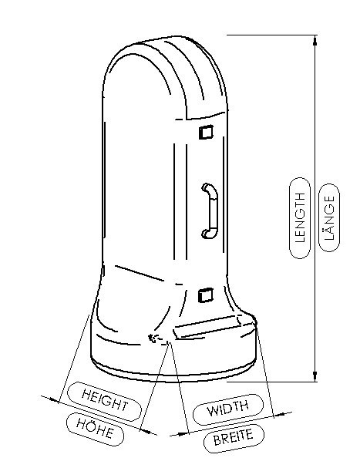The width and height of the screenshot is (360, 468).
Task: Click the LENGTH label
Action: pyautogui.click(x=300, y=217)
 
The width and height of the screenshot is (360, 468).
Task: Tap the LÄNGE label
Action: pyautogui.click(x=329, y=217)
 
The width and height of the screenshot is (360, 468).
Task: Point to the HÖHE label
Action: pyautogui.click(x=95, y=429)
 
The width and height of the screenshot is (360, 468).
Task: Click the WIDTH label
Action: pyautogui.click(x=227, y=408)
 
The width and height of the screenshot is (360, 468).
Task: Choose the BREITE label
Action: pyautogui.click(x=234, y=438)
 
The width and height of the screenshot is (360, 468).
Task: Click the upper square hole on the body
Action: pyautogui.click(x=206, y=132)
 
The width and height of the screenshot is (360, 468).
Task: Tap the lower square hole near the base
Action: pyautogui.click(x=206, y=295)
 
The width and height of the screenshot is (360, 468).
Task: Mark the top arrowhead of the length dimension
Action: pyautogui.click(x=315, y=40)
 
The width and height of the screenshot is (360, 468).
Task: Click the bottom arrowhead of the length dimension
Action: pyautogui.click(x=315, y=375)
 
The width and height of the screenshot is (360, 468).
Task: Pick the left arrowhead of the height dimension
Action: pyautogui.click(x=54, y=400)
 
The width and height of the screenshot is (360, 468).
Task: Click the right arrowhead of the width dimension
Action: pyautogui.click(x=279, y=415)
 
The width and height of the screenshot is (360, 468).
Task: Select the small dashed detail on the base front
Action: pyautogui.click(x=158, y=339)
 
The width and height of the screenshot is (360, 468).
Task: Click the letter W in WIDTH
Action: pyautogui.click(x=213, y=411)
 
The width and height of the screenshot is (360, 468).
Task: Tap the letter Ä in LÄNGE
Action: pyautogui.click(x=329, y=230)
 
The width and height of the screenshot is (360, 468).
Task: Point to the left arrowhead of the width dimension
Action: pyautogui.click(x=183, y=433)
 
